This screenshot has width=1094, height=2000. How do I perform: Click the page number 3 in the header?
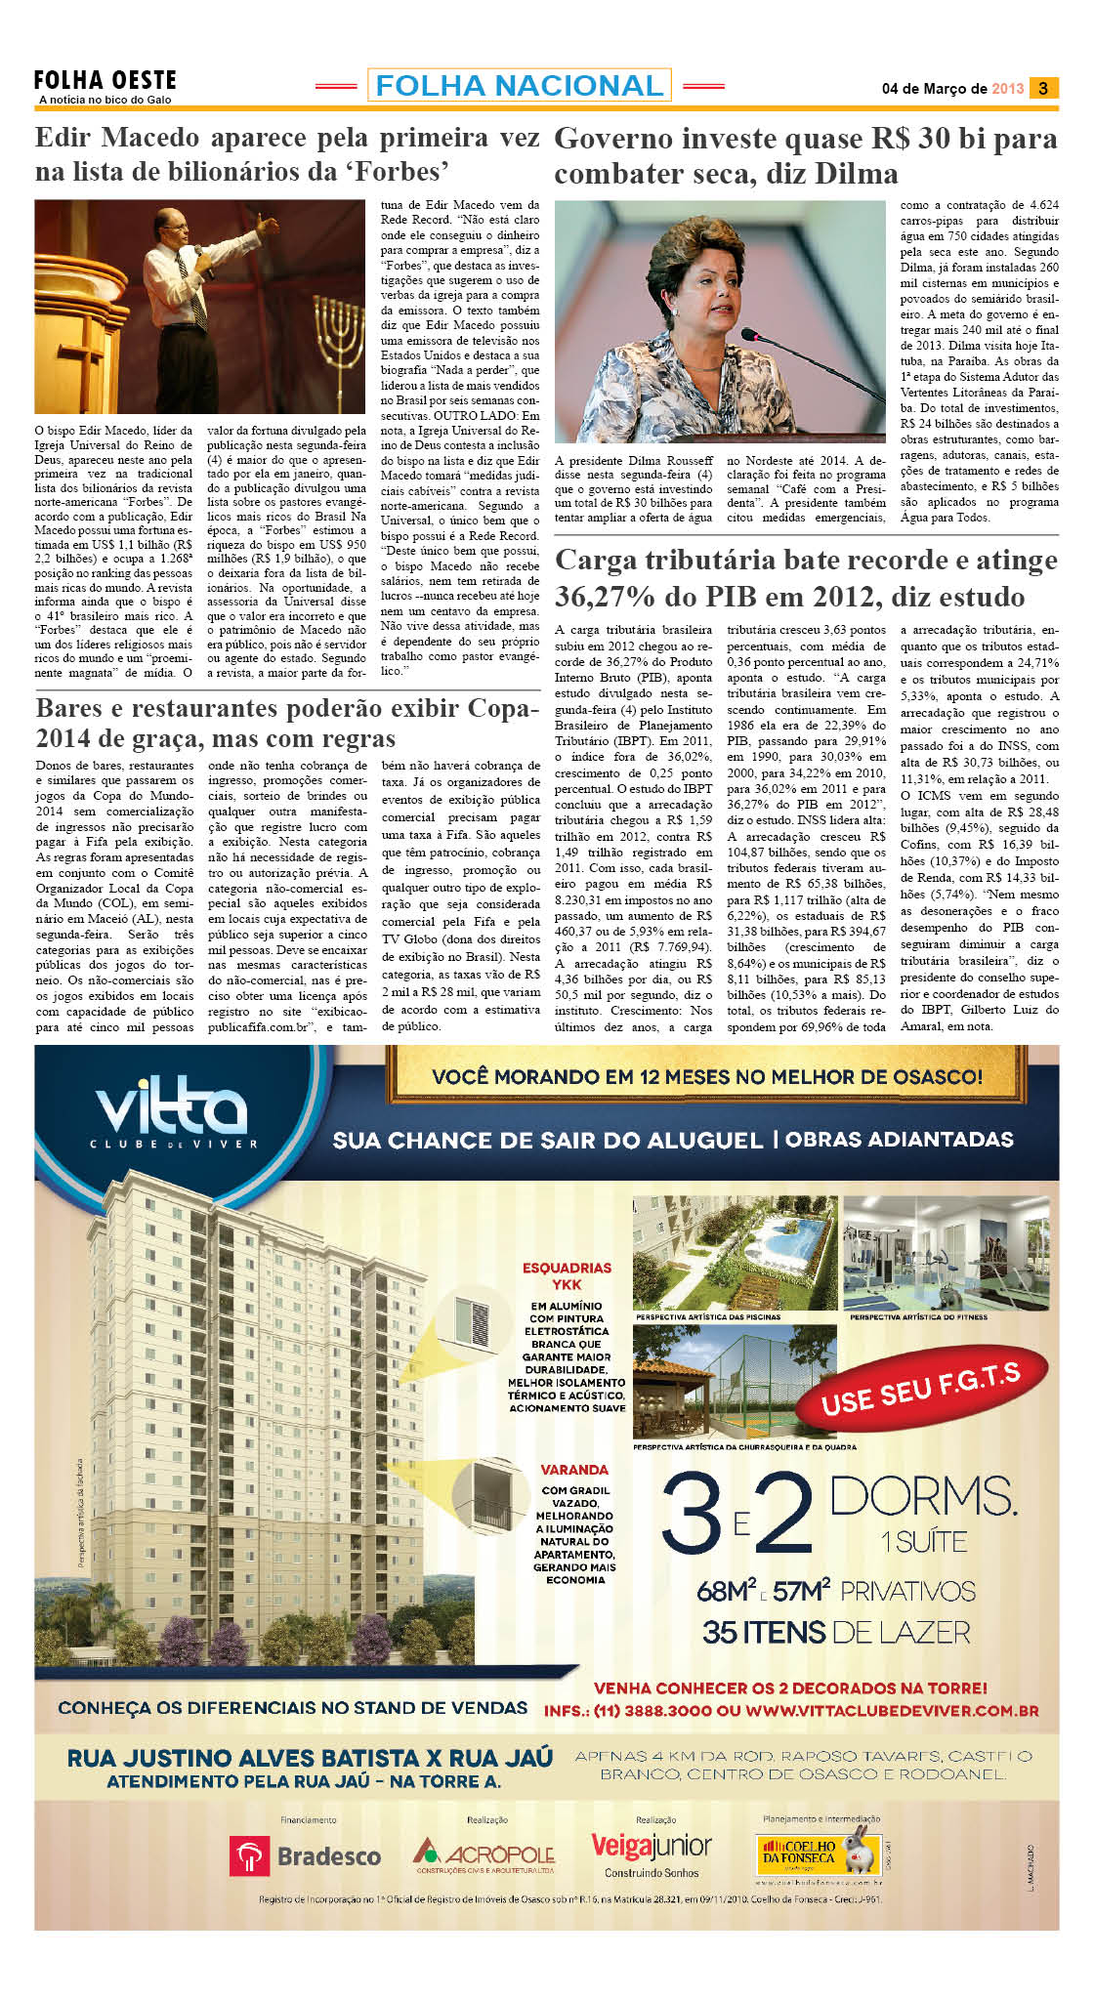click(x=1043, y=88)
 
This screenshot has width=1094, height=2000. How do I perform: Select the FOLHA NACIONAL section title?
click(x=519, y=86)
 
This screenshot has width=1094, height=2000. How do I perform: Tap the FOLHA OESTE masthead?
click(x=105, y=81)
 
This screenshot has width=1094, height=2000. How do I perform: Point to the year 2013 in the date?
click(x=1007, y=89)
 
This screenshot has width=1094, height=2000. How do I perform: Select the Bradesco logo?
click(x=306, y=1855)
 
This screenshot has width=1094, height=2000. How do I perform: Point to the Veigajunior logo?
click(x=652, y=1847)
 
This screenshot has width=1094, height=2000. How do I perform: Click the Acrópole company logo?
click(x=484, y=1854)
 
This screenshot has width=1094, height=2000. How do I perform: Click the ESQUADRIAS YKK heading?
click(x=567, y=1275)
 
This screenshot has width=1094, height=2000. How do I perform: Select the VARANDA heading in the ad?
click(x=574, y=1469)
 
